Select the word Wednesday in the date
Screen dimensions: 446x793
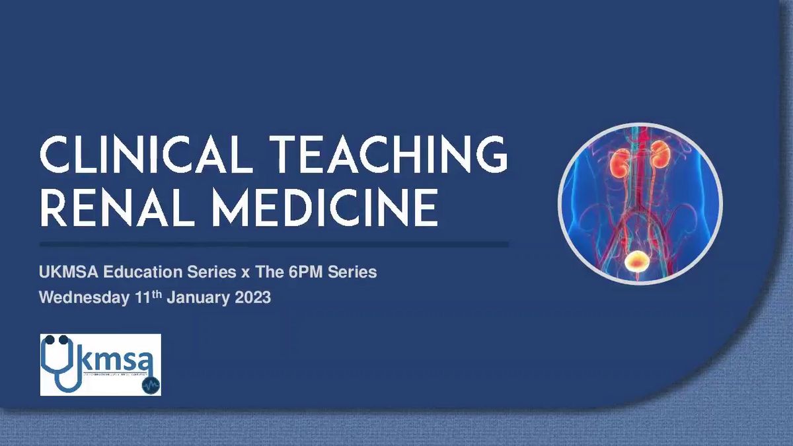pyautogui.click(x=83, y=298)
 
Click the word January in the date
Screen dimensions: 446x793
pyautogui.click(x=197, y=298)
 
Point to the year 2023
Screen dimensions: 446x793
pyautogui.click(x=251, y=298)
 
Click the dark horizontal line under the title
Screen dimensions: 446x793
pyautogui.click(x=274, y=244)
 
